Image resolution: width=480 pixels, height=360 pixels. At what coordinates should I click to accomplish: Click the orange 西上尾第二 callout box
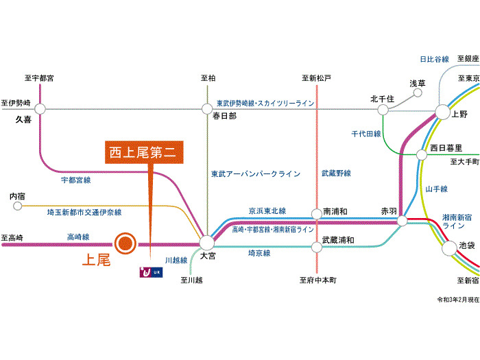(145, 152)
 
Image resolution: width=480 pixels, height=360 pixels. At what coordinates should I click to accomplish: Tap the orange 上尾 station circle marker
(125, 243)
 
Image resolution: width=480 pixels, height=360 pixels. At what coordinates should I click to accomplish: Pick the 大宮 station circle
(206, 242)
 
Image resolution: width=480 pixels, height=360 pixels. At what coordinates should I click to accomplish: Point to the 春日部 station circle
(206, 108)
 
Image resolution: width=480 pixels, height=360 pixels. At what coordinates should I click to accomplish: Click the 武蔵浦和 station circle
(316, 241)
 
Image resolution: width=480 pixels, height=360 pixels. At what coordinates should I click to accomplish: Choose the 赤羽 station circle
(403, 221)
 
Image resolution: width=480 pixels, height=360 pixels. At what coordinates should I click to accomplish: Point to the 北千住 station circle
(383, 108)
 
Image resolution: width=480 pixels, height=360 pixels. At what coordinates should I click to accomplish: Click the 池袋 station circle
(449, 248)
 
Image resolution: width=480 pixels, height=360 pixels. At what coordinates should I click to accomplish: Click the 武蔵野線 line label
(336, 173)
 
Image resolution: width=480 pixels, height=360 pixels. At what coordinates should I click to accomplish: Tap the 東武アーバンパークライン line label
(256, 174)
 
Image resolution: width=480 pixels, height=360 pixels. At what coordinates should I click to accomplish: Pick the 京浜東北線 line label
(267, 211)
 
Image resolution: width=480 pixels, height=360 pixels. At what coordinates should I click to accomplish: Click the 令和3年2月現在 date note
(458, 300)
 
